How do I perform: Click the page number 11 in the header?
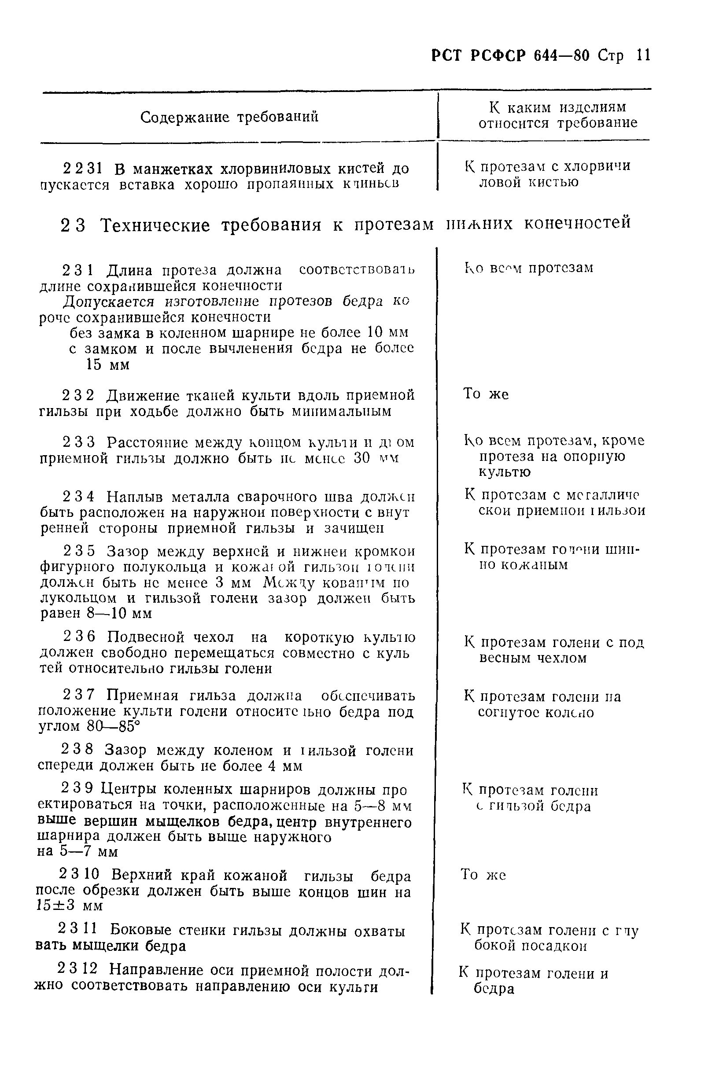click(x=642, y=55)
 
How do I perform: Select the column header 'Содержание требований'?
click(x=229, y=117)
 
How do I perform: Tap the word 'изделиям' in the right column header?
click(x=593, y=107)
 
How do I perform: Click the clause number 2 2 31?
click(x=82, y=169)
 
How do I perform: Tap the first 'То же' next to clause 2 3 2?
click(x=486, y=394)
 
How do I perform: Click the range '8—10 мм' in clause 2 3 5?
click(x=119, y=614)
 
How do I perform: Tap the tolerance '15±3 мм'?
click(x=70, y=906)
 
